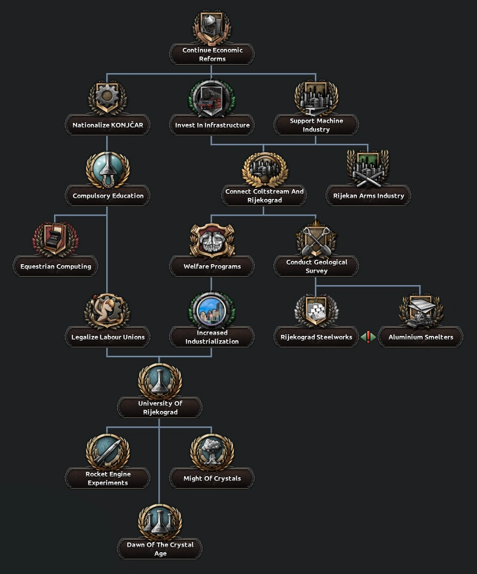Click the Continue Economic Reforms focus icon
click(212, 27)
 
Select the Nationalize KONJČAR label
click(108, 125)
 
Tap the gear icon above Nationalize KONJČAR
click(107, 97)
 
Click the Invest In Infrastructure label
click(212, 125)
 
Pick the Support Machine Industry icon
click(316, 97)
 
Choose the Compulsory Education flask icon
click(108, 169)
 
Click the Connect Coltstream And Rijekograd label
click(265, 196)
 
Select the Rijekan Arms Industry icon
click(368, 168)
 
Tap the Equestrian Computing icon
click(55, 239)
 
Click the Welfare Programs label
click(212, 266)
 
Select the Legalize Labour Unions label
click(108, 337)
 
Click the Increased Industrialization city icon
click(212, 310)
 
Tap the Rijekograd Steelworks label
click(316, 337)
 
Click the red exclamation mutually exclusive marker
click(368, 337)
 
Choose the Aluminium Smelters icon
click(420, 311)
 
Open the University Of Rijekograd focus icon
click(160, 380)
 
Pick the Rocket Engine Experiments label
click(108, 478)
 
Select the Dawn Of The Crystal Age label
click(160, 549)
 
